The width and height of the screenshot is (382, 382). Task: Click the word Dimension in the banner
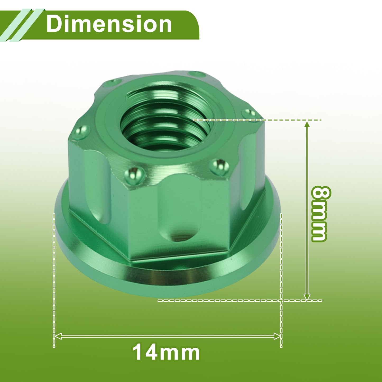tap(109, 24)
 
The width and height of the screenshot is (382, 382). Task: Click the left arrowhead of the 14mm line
tap(58, 336)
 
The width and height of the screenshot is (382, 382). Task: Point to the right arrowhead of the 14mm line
tap(277, 336)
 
